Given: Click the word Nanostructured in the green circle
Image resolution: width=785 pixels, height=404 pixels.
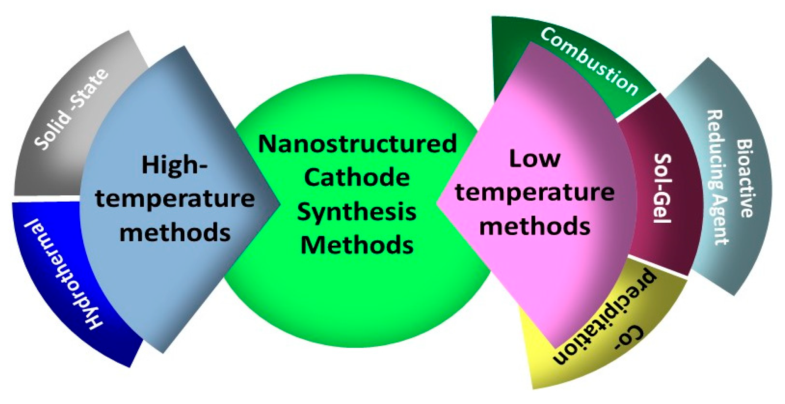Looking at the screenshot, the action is (x=357, y=144).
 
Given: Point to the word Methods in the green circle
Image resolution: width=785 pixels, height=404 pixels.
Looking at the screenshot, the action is (x=357, y=245).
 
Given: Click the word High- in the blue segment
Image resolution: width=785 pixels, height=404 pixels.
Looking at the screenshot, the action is (x=174, y=165).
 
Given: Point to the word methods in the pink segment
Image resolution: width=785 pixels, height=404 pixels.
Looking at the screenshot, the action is (x=535, y=226).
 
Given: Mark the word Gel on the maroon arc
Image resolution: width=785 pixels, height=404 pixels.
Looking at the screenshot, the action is (x=662, y=207).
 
